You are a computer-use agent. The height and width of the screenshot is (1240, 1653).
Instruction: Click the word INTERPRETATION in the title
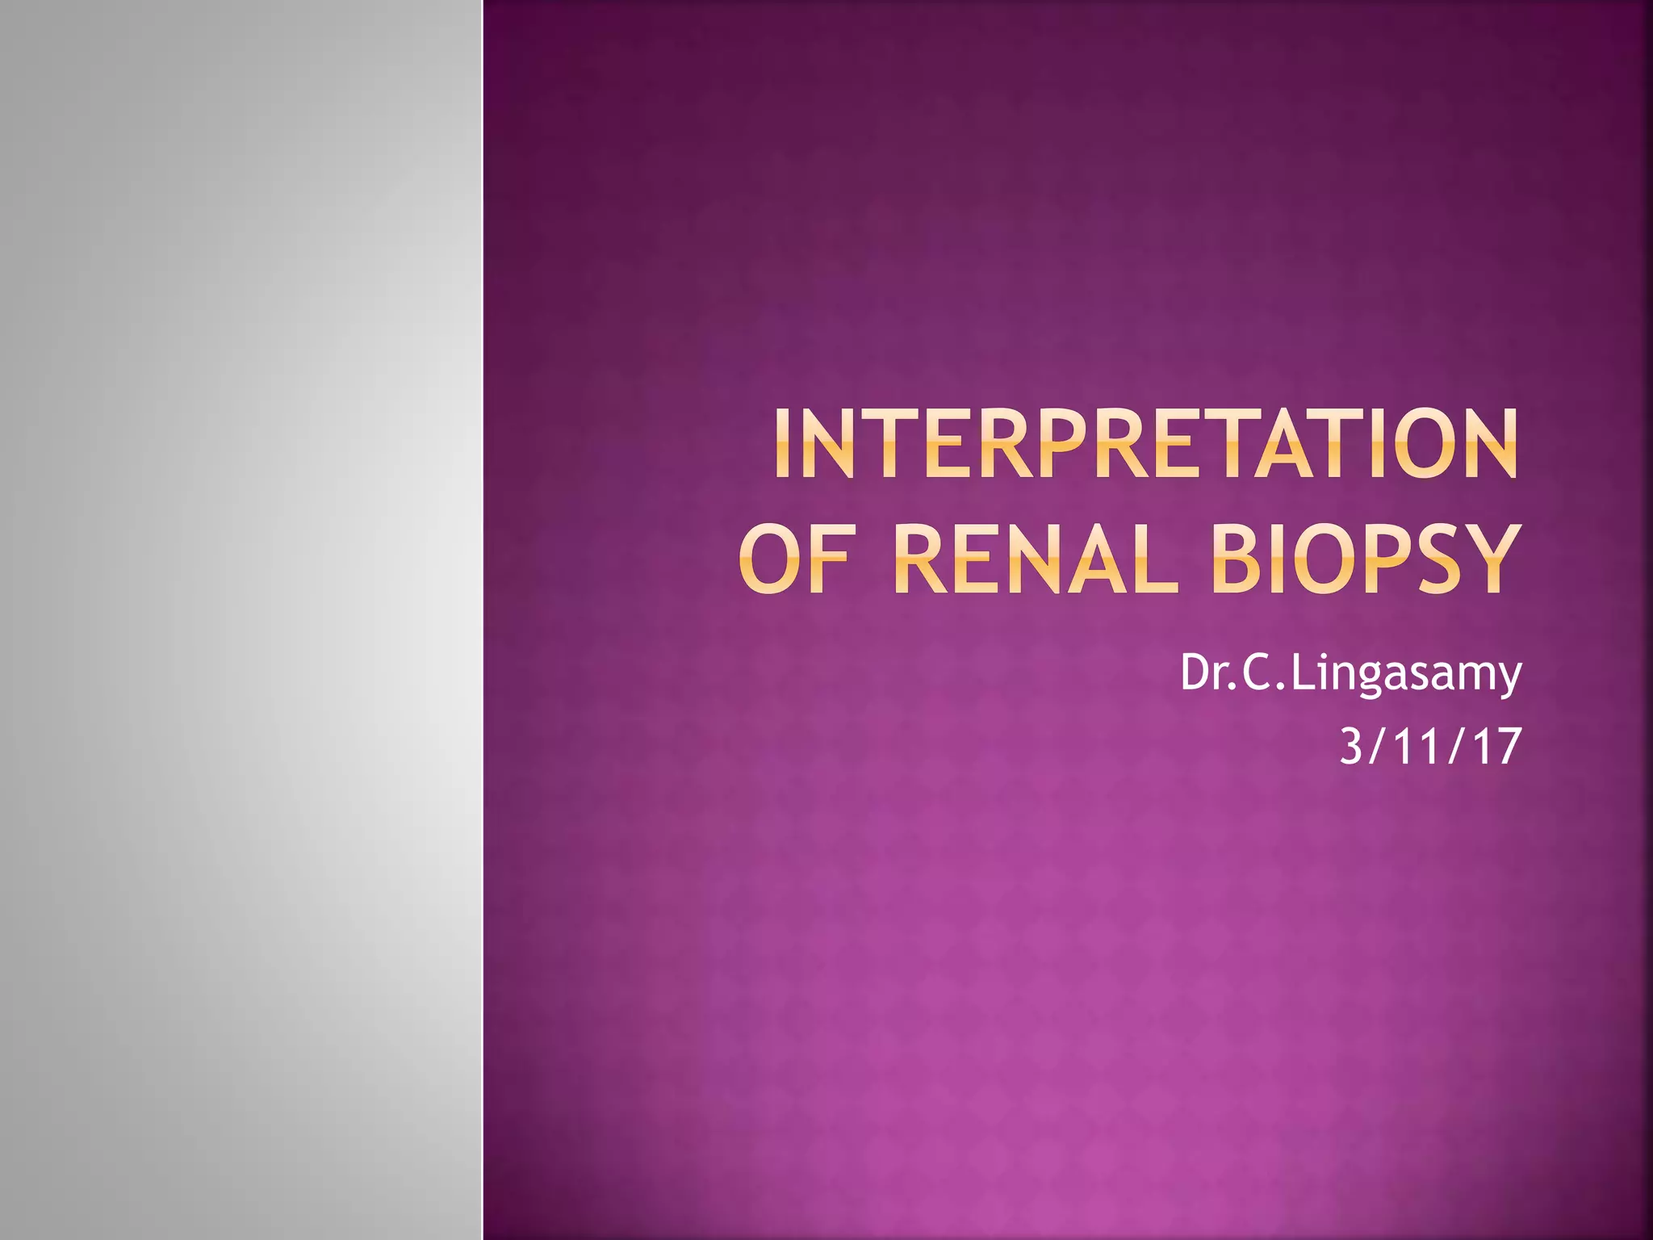pyautogui.click(x=1145, y=445)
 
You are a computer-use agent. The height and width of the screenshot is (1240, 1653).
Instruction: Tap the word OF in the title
pyautogui.click(x=793, y=559)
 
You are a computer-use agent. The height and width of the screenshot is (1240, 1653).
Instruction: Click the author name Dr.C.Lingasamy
pyautogui.click(x=1350, y=674)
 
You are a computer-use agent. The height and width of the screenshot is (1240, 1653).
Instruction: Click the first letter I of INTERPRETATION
pyautogui.click(x=782, y=445)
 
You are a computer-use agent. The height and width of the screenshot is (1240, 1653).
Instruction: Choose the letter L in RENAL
pyautogui.click(x=1157, y=559)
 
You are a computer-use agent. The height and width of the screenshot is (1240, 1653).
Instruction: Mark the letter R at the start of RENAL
pyautogui.click(x=923, y=559)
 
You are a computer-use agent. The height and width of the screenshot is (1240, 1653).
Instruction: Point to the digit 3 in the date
pyautogui.click(x=1351, y=747)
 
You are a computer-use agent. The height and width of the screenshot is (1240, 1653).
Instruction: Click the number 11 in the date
pyautogui.click(x=1416, y=747)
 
